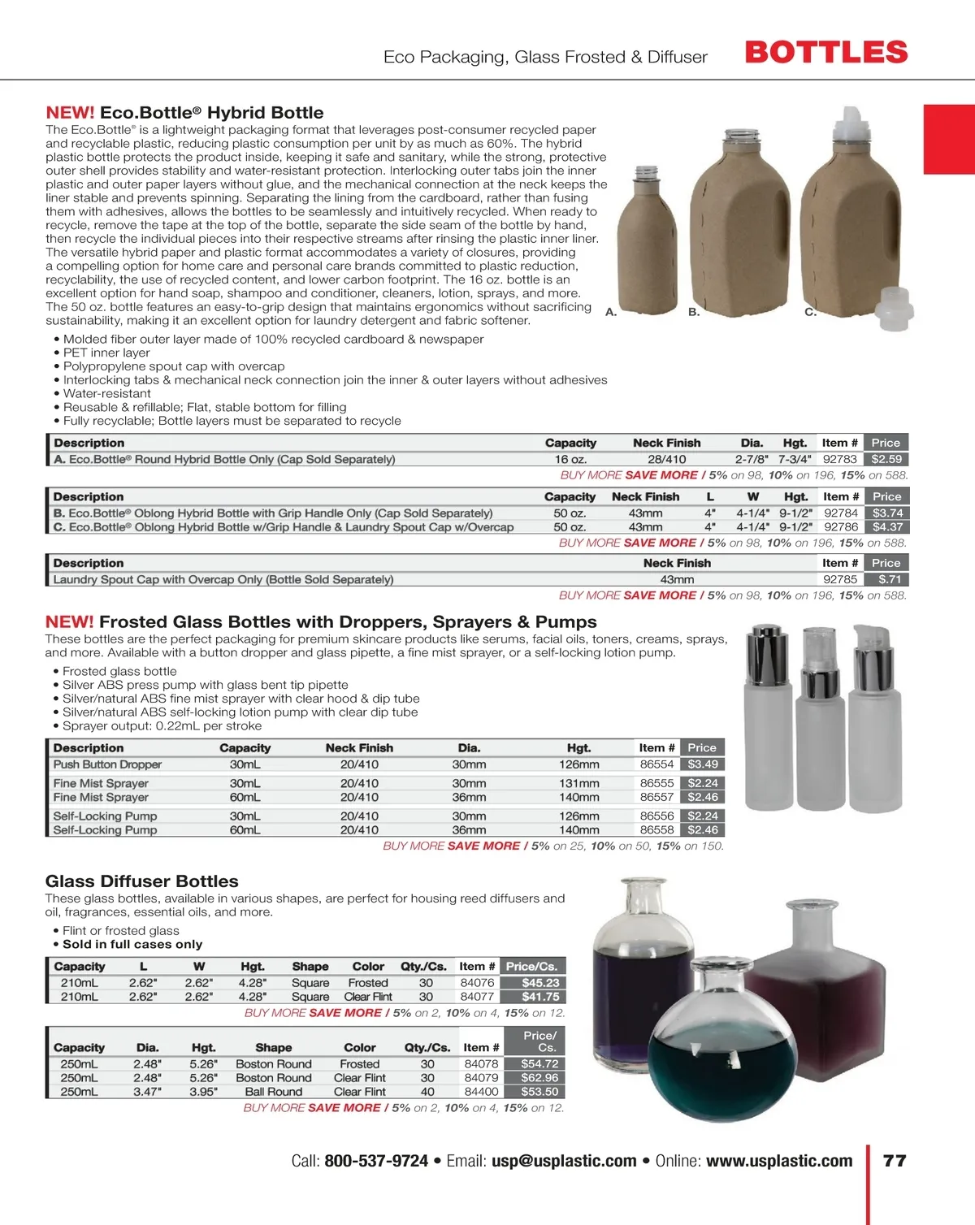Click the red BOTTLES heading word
[x=826, y=53]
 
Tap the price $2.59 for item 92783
[x=886, y=459]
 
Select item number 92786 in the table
[x=841, y=527]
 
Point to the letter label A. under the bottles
[x=611, y=312]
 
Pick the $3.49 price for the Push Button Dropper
[x=703, y=764]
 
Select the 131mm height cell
[x=578, y=783]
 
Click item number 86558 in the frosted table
[x=656, y=830]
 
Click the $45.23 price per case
[x=540, y=983]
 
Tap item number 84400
[x=481, y=1092]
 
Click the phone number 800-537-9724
[x=376, y=1161]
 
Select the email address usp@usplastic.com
[x=564, y=1161]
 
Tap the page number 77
[x=895, y=1161]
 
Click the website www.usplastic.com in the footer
[x=779, y=1161]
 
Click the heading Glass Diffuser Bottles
[x=142, y=881]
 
